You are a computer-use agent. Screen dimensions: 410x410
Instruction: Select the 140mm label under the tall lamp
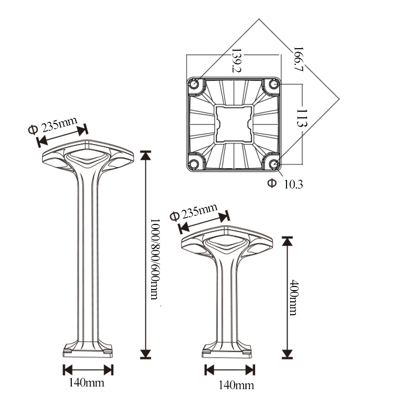[x=88, y=382]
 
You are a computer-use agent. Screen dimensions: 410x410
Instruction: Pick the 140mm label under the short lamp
[x=230, y=384]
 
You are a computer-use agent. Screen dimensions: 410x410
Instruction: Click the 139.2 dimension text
[x=236, y=60]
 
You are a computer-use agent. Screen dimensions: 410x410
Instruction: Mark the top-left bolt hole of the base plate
[x=195, y=85]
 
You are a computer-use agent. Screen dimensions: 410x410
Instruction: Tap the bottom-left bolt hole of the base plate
[x=195, y=163]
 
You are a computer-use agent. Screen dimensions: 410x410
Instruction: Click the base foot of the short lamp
[x=228, y=351]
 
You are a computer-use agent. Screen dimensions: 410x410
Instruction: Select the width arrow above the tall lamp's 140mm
[x=88, y=370]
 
